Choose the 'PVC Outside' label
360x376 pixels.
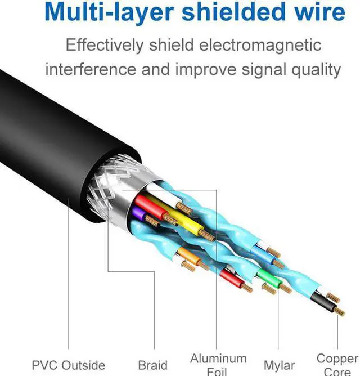pos(68,365)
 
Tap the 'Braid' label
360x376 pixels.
pos(153,365)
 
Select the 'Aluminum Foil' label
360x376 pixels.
pos(218,363)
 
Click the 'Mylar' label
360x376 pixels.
pos(279,365)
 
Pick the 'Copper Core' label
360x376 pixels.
pos(337,363)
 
